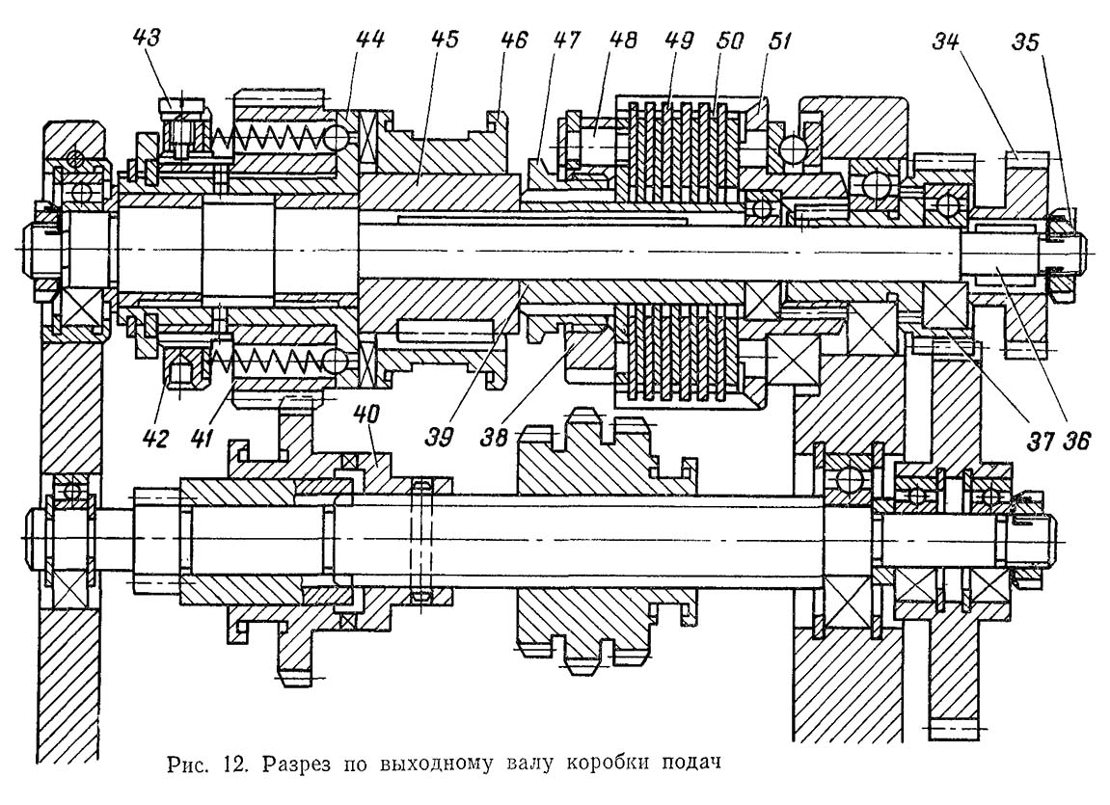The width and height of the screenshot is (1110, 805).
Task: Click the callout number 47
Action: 568,41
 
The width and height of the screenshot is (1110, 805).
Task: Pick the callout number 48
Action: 623,41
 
